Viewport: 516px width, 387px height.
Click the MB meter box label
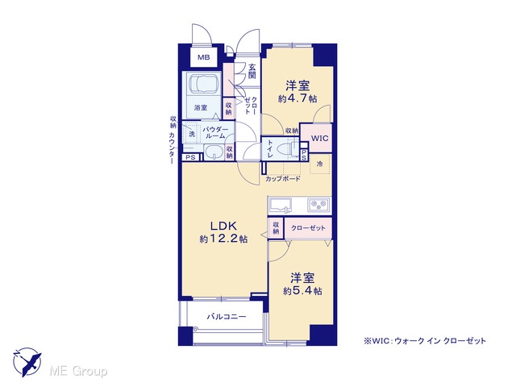[203, 57]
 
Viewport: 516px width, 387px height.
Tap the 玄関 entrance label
[252, 71]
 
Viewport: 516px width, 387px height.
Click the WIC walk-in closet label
[319, 138]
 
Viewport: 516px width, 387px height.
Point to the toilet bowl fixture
[285, 149]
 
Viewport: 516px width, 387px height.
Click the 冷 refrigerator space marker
[319, 164]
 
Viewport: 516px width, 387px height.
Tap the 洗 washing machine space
[191, 134]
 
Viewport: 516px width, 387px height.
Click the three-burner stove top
[319, 205]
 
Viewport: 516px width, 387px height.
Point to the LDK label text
[223, 226]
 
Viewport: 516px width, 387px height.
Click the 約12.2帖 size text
[223, 239]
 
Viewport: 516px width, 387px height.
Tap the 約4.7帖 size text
[298, 98]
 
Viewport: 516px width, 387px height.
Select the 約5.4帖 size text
[302, 291]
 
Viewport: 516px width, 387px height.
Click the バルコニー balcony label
[227, 317]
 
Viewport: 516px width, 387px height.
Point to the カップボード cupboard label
[283, 179]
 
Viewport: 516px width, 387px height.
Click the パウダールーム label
[214, 132]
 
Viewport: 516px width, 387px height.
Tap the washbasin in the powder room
[214, 152]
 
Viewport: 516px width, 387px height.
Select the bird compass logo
[28, 362]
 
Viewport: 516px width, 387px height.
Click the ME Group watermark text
[78, 372]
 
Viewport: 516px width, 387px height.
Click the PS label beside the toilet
[304, 156]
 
